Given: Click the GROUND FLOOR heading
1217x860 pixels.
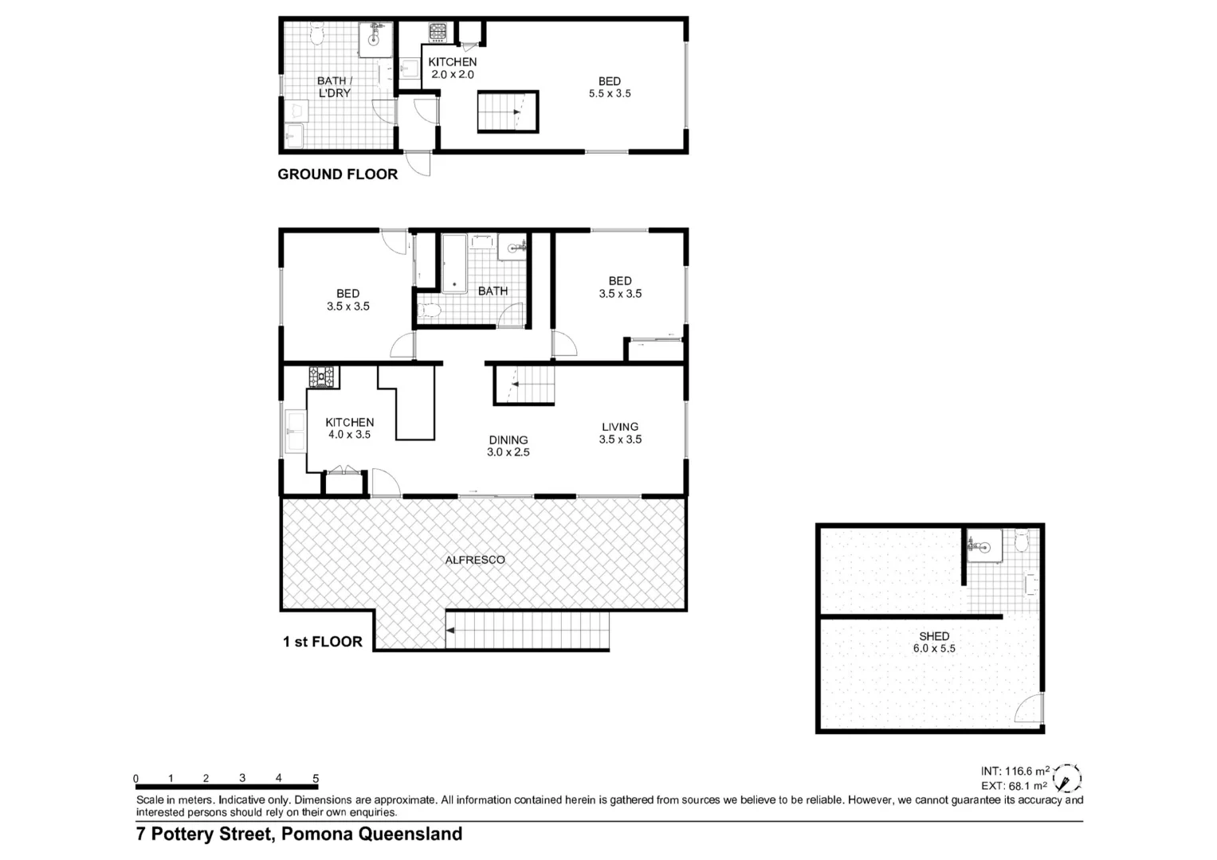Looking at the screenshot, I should click(337, 174).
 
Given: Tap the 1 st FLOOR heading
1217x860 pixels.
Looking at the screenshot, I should click(322, 642).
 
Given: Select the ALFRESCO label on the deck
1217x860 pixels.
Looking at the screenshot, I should click(475, 560).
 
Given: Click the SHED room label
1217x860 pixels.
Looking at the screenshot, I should click(934, 636).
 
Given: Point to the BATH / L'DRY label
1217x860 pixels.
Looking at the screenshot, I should click(334, 87).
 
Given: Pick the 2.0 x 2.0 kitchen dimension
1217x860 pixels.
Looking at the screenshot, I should click(453, 75).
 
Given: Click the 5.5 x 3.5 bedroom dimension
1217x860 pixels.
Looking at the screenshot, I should click(610, 94).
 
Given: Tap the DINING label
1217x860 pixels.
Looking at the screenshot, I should click(508, 440).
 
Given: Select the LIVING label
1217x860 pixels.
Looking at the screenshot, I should click(620, 427).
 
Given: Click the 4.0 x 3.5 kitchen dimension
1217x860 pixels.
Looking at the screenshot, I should click(349, 435).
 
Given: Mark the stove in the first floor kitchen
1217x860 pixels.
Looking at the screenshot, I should click(324, 377).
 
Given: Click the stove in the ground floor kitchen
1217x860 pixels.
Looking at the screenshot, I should click(438, 33).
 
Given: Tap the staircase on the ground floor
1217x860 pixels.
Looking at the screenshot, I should click(508, 111).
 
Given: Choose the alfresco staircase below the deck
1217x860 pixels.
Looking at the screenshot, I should click(527, 631).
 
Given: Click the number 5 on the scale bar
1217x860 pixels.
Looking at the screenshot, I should click(316, 779).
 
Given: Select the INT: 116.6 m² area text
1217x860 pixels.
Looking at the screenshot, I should click(1015, 771).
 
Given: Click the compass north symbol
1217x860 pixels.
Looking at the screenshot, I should click(1066, 778).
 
